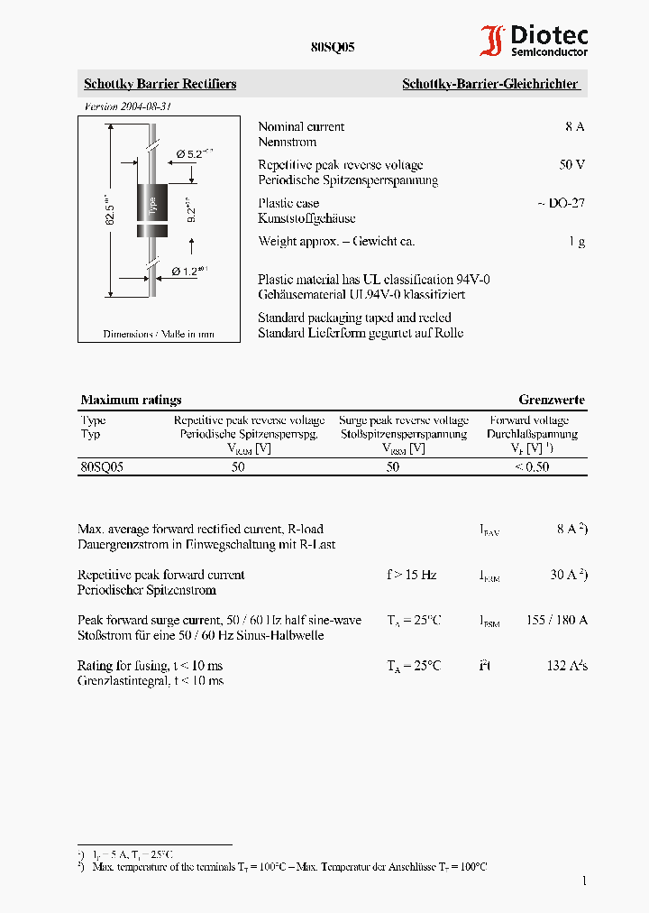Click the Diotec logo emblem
(x=492, y=41)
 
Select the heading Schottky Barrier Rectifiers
(x=160, y=84)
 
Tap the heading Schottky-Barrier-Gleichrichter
(x=489, y=84)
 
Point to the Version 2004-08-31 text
(x=128, y=106)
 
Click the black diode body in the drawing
(x=152, y=209)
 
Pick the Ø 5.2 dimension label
(x=192, y=154)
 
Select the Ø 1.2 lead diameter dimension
(x=188, y=271)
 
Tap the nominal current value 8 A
(x=574, y=127)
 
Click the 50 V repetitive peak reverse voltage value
(x=571, y=165)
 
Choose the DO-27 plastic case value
(x=562, y=203)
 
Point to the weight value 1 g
(x=577, y=242)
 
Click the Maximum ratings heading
(x=131, y=400)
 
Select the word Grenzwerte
(x=551, y=400)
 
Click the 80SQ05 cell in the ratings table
(x=102, y=467)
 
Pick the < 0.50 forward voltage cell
(x=531, y=467)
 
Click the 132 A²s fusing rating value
(x=567, y=666)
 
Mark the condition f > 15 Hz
(x=411, y=575)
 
